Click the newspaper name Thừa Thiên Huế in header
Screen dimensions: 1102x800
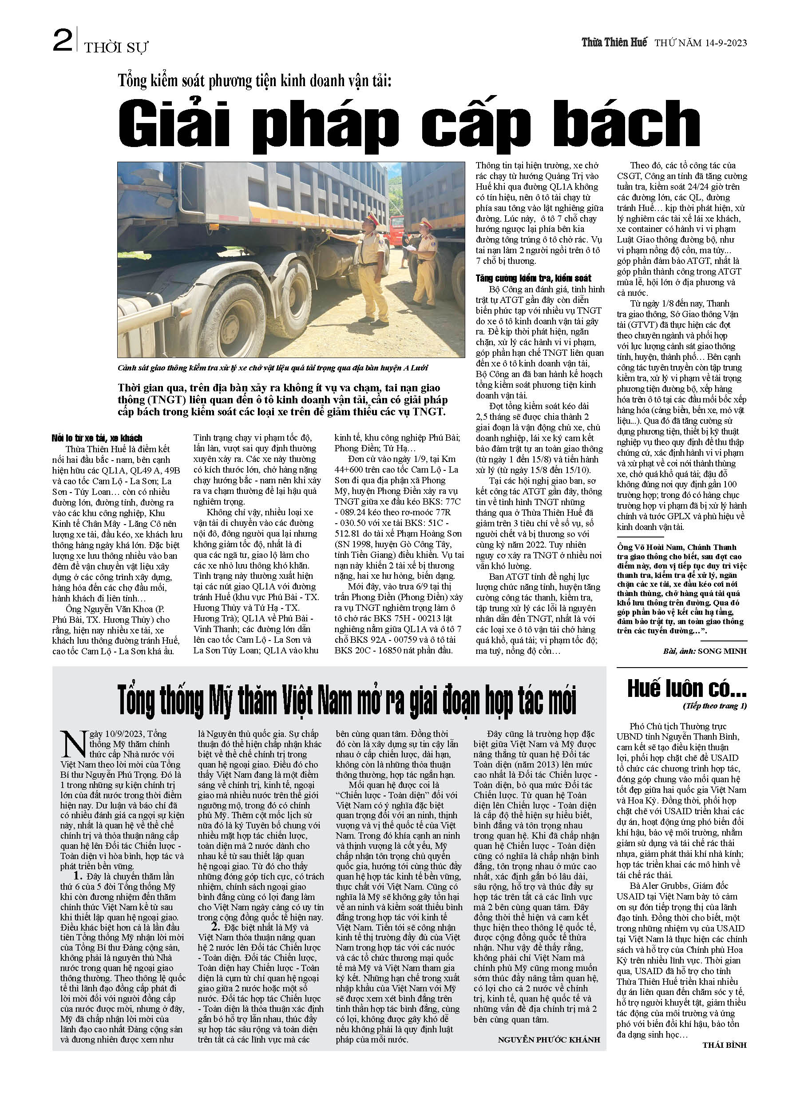tap(614, 42)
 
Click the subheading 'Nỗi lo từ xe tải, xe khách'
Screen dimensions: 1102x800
tap(97, 438)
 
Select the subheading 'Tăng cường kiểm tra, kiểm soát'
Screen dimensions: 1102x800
tap(533, 278)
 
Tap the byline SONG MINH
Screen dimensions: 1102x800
tap(722, 651)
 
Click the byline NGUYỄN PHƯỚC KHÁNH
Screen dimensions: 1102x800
tap(548, 1039)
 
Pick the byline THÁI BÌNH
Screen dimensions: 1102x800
tap(724, 1045)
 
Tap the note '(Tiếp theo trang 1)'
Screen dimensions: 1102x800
tap(714, 706)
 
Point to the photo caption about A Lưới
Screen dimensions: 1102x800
tap(273, 368)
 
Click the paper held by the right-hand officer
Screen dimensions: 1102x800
tap(411, 249)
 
